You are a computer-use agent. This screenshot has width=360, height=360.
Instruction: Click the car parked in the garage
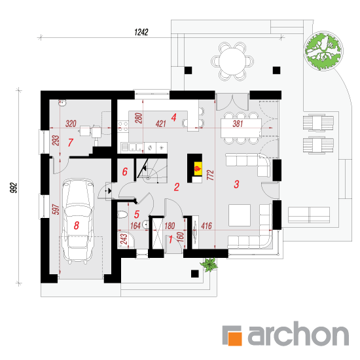pyautogui.click(x=79, y=221)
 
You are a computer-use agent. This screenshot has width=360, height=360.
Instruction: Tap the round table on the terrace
pyautogui.click(x=232, y=62)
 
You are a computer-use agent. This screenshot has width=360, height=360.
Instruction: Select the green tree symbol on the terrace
pyautogui.click(x=323, y=51)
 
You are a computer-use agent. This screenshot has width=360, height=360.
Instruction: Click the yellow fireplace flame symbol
pyautogui.click(x=198, y=169)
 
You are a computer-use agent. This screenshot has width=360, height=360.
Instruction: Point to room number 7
pyautogui.click(x=71, y=143)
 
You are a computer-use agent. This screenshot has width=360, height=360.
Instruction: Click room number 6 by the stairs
pyautogui.click(x=124, y=171)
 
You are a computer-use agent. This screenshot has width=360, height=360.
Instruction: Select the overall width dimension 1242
pyautogui.click(x=141, y=32)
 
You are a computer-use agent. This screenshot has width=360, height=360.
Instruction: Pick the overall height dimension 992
pyautogui.click(x=14, y=188)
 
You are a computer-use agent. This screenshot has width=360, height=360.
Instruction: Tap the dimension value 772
pyautogui.click(x=210, y=175)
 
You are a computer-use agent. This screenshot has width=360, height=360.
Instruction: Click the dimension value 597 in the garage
pyautogui.click(x=56, y=209)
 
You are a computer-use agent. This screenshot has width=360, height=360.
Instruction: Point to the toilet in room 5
pyautogui.click(x=122, y=215)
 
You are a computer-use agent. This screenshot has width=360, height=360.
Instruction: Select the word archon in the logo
pyautogui.click(x=298, y=334)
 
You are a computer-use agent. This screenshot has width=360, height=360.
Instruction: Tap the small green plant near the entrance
pyautogui.click(x=209, y=264)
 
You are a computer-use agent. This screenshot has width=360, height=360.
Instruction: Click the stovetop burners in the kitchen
pyautogui.click(x=123, y=126)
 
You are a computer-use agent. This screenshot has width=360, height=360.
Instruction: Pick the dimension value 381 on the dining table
pyautogui.click(x=238, y=124)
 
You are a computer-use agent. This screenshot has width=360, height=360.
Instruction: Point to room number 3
pyautogui.click(x=236, y=184)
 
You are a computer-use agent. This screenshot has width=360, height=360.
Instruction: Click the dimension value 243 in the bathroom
pyautogui.click(x=124, y=240)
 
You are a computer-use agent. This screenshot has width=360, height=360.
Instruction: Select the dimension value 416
pyautogui.click(x=206, y=226)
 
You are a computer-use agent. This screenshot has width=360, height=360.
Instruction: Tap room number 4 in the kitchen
pyautogui.click(x=174, y=117)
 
